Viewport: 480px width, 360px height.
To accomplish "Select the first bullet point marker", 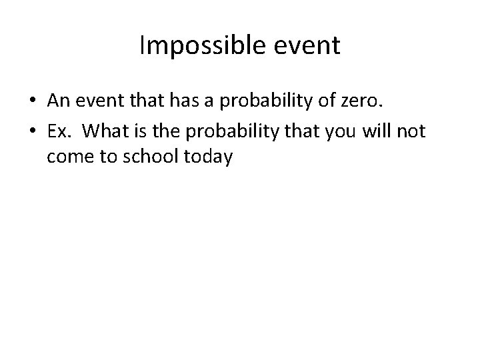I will pyautogui.click(x=32, y=101).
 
